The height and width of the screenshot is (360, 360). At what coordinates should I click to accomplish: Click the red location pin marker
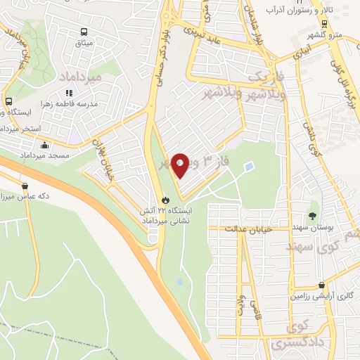[x=179, y=165]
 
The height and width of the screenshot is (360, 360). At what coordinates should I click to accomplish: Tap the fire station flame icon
[x=166, y=199]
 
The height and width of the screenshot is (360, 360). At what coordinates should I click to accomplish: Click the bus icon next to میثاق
[x=84, y=32]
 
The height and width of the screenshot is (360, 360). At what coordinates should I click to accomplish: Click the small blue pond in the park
[x=249, y=167]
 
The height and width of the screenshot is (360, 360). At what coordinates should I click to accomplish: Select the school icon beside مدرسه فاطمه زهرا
[x=69, y=92]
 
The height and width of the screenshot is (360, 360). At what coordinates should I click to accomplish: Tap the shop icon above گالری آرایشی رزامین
[x=321, y=285]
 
